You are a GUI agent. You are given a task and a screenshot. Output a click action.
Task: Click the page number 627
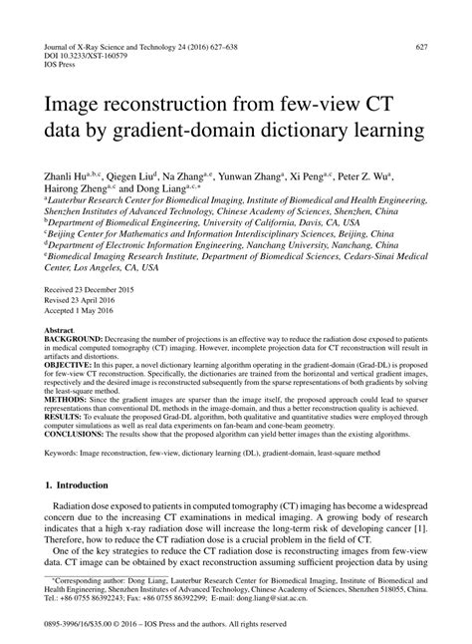pyautogui.click(x=422, y=46)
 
